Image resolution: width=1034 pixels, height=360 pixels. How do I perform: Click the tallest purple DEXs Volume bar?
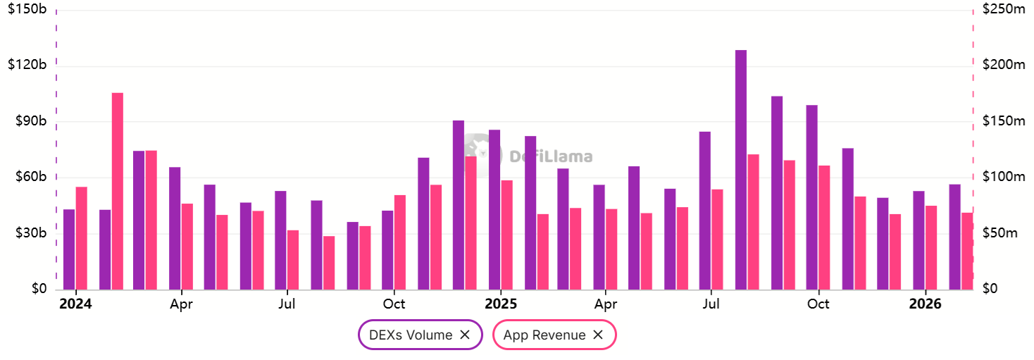pos(740,169)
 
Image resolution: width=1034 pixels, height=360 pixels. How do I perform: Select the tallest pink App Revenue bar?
pos(118,190)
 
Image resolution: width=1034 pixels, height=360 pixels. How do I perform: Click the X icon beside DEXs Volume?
pos(465,335)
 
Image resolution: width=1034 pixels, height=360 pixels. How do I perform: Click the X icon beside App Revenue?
pos(598,335)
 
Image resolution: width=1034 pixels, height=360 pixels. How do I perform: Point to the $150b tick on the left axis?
pos(27,10)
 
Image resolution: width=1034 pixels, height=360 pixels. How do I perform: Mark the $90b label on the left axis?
pos(27,121)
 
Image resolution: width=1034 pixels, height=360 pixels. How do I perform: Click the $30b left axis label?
pos(27,233)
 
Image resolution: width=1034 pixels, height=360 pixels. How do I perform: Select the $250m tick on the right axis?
pos(1004,10)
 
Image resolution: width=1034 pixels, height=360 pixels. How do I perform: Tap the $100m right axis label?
pos(1004,177)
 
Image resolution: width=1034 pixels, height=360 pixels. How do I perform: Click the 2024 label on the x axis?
pos(75,304)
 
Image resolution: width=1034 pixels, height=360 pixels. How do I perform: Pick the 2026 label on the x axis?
pos(925,304)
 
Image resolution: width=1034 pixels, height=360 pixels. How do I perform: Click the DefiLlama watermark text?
pos(550,157)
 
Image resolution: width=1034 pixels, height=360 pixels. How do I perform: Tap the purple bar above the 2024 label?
pos(69,249)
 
